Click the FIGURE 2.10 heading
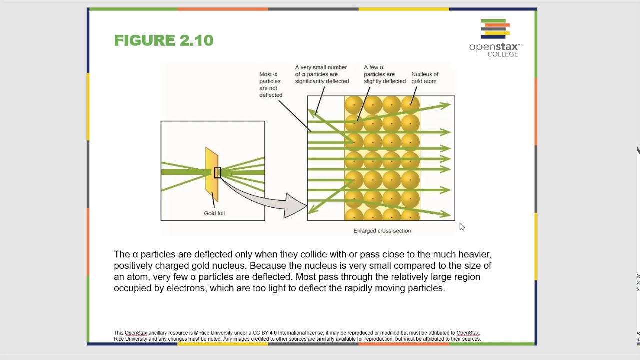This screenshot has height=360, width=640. [x=164, y=40]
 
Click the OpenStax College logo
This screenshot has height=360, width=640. [x=495, y=38]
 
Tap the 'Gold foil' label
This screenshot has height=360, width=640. [x=214, y=213]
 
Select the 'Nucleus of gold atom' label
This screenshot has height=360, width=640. [x=425, y=78]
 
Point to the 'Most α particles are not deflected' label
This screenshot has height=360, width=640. [x=270, y=84]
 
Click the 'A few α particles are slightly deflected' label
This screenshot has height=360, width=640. [x=384, y=74]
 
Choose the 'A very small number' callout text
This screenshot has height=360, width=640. [x=321, y=67]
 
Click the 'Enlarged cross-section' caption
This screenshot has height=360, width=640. [x=382, y=231]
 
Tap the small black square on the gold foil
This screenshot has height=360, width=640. [x=217, y=173]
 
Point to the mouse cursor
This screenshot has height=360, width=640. [x=461, y=227]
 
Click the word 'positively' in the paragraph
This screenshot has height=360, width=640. [x=134, y=266]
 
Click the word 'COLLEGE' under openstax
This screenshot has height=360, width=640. [x=503, y=54]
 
